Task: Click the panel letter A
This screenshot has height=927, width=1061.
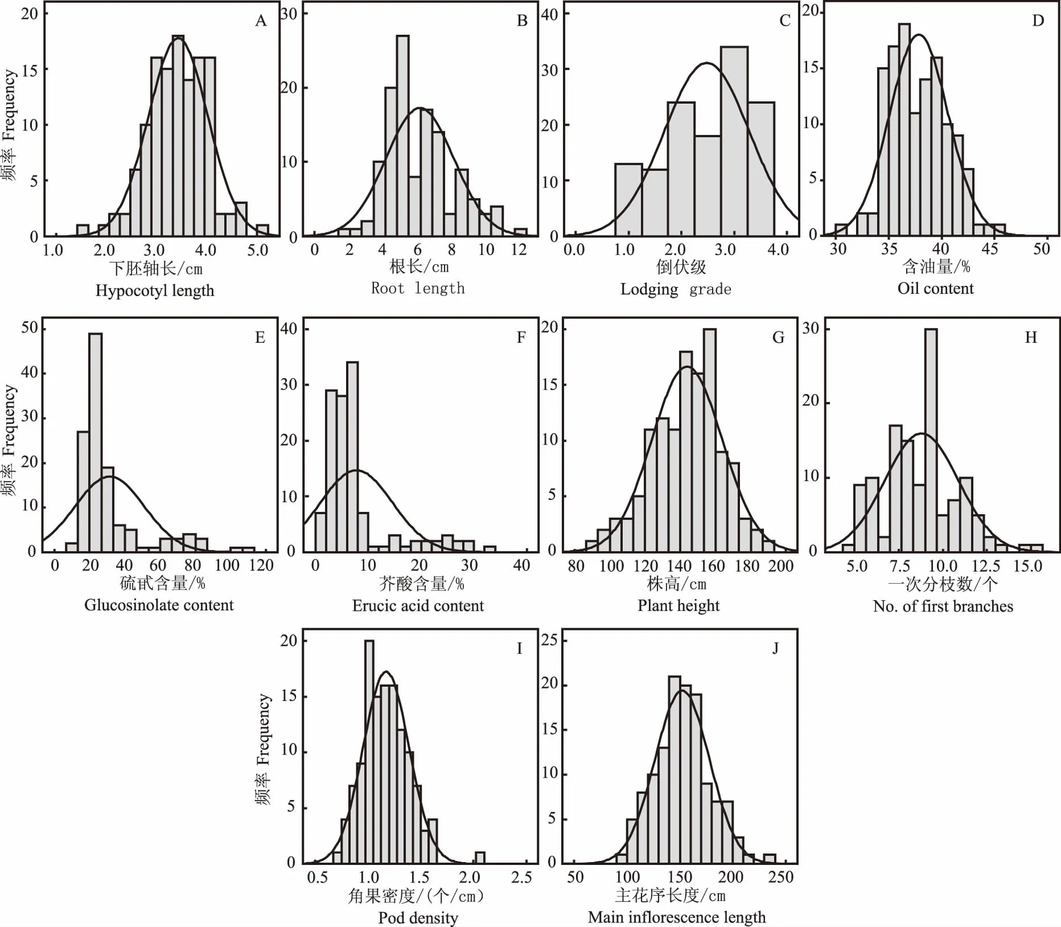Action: click(x=261, y=21)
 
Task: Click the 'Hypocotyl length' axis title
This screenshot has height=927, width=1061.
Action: click(x=155, y=290)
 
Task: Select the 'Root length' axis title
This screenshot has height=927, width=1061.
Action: click(x=418, y=288)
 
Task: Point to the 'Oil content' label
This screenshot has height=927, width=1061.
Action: click(x=935, y=288)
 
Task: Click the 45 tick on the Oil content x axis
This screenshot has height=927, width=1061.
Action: click(x=990, y=249)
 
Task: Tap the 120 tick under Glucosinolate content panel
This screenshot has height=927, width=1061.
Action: click(x=261, y=565)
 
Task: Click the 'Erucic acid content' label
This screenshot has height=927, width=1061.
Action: click(x=418, y=605)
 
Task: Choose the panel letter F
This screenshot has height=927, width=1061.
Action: click(x=521, y=338)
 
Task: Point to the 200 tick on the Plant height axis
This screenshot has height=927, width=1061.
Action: click(x=781, y=566)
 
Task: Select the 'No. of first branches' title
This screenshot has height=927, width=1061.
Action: click(x=943, y=606)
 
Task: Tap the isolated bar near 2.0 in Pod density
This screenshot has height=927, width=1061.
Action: click(x=480, y=858)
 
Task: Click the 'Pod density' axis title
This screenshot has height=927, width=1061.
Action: click(x=418, y=918)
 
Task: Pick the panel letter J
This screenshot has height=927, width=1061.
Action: click(x=775, y=649)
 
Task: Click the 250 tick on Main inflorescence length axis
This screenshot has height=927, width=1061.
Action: click(x=780, y=876)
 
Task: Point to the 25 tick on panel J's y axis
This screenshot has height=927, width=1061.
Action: click(x=549, y=640)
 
